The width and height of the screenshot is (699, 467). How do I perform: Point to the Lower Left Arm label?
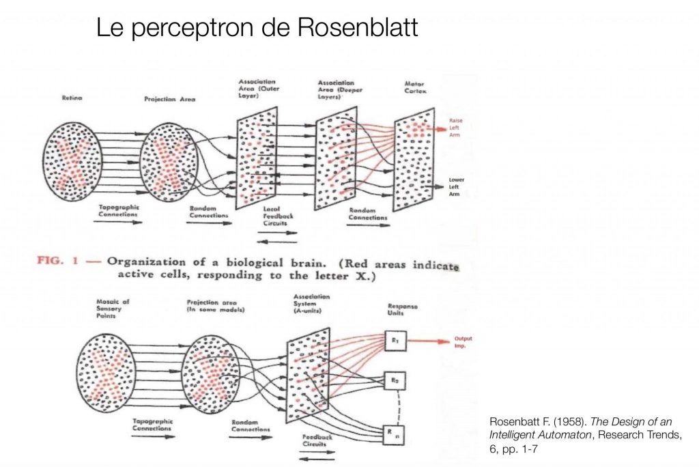[x=456, y=188]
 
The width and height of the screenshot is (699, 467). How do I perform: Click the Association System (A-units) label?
[x=312, y=305]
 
